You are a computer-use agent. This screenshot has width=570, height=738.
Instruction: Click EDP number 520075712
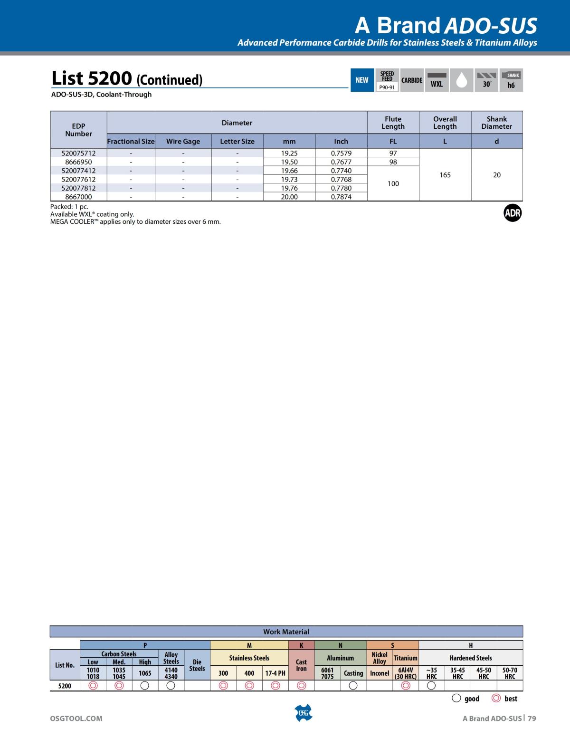coord(78,153)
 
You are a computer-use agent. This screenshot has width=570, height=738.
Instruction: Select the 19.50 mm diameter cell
coord(289,162)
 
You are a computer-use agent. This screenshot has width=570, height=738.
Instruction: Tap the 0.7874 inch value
coord(341,197)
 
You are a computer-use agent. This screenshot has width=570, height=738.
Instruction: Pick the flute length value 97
coord(393,153)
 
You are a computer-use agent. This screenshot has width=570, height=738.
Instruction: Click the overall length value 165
coord(445,175)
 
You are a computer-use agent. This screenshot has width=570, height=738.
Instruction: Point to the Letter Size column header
coord(237,141)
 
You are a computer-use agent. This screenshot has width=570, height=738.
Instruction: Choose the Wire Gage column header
coord(183,141)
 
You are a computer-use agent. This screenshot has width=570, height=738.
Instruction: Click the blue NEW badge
coord(362,80)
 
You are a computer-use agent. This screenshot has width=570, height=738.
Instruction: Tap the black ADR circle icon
coord(513,213)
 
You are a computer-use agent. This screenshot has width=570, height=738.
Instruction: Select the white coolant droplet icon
coord(461,80)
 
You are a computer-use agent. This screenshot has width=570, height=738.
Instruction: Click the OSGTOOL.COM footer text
coord(76,719)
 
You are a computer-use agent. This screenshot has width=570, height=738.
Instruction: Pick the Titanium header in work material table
coord(405,658)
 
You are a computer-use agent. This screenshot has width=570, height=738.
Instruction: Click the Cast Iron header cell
coord(301,665)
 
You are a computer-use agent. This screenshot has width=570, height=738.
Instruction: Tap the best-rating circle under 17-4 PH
coord(275,685)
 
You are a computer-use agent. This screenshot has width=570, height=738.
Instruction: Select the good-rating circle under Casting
coord(353,685)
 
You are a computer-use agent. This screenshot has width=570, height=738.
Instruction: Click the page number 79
coord(532,719)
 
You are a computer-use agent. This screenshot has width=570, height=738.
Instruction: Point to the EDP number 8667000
coord(78,197)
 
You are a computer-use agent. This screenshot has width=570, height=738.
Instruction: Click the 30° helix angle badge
coord(486,80)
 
